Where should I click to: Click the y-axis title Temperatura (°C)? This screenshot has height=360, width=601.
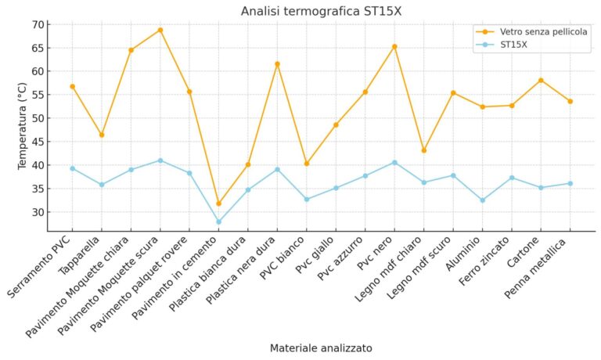(x=23, y=128)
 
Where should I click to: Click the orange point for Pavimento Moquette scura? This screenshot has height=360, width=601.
(x=160, y=30)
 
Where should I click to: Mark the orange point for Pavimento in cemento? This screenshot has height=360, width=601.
(x=219, y=203)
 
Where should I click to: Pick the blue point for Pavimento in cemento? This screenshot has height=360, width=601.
(x=219, y=221)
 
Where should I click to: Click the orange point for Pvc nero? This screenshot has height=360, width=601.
(x=394, y=46)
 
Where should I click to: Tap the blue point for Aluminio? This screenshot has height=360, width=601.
(x=482, y=200)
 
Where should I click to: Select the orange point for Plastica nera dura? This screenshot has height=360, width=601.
(x=277, y=64)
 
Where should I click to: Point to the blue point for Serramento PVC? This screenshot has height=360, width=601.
(x=73, y=168)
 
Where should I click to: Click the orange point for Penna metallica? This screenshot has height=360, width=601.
(x=570, y=101)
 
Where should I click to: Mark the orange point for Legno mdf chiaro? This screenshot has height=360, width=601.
(x=423, y=150)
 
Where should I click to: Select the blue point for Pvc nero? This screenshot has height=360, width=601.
(x=394, y=162)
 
